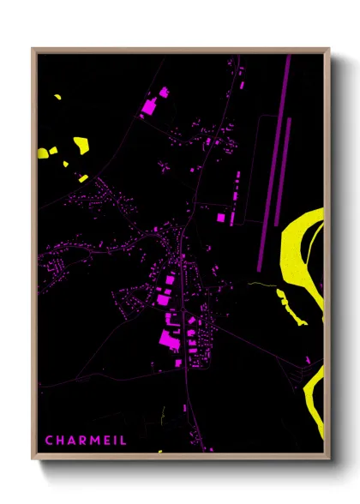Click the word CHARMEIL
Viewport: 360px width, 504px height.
tap(87, 440)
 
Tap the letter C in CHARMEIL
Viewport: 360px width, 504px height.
tap(50, 440)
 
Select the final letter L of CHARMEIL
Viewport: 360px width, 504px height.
tap(124, 440)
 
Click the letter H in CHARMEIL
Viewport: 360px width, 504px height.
tap(61, 440)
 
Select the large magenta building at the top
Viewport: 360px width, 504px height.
tap(147, 108)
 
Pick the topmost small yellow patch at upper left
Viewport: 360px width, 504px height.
tap(58, 97)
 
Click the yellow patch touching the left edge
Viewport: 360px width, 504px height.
tap(43, 153)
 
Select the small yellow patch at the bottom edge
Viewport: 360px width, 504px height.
tap(159, 451)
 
